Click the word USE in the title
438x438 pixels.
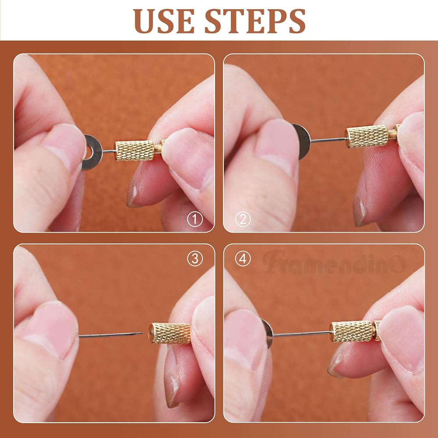point(164,21)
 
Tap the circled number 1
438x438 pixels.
point(195,219)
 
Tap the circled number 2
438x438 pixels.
point(243,219)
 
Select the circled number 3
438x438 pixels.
point(195,259)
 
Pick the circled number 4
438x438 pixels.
point(243,259)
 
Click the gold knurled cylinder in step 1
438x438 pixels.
point(135,150)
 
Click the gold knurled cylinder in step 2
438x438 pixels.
point(367,136)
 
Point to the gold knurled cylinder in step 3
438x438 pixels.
point(170,333)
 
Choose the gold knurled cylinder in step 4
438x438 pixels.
point(351,332)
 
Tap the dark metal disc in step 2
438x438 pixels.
point(302,141)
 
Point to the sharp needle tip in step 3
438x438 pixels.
point(142,333)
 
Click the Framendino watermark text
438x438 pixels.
point(334,262)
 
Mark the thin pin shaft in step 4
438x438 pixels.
point(301,333)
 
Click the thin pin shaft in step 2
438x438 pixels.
point(328,140)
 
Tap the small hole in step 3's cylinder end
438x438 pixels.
point(151,333)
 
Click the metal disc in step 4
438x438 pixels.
point(268,334)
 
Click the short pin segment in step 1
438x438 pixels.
point(109,152)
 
